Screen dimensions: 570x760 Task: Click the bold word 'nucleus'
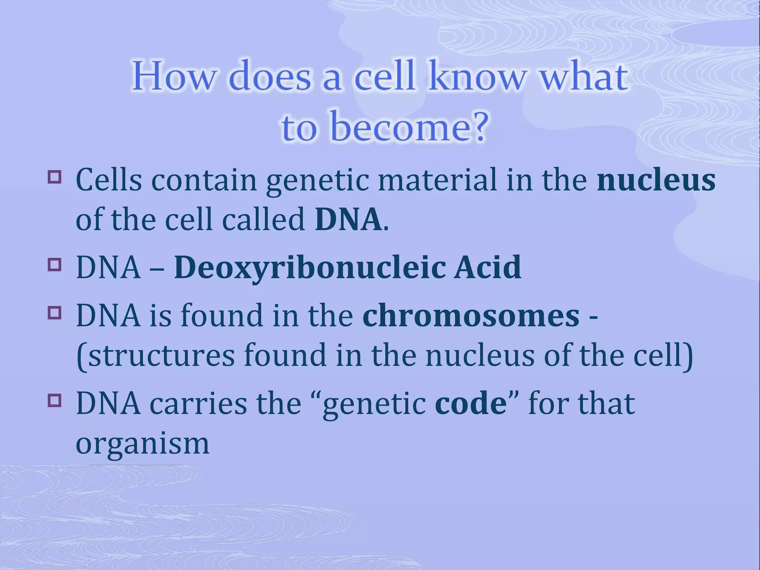point(656,180)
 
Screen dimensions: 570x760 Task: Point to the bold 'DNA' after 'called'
point(348,220)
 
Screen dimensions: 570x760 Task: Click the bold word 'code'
point(471,403)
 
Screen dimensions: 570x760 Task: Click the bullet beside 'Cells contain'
point(54,176)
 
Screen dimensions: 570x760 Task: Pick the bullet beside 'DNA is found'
point(54,312)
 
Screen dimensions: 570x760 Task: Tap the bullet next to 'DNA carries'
point(54,400)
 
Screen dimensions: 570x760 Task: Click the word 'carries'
point(198,403)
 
